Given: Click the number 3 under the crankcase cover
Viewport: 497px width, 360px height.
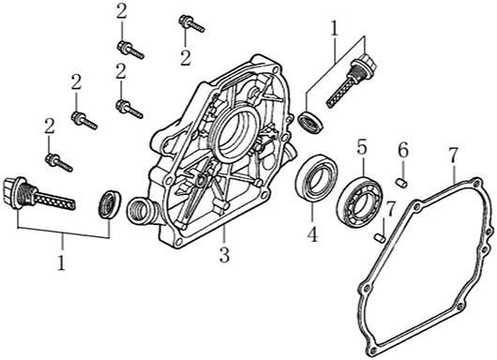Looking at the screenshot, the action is [224, 255].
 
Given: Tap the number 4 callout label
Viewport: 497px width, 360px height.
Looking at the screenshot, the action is [312, 234].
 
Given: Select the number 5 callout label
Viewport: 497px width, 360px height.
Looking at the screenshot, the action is [362, 147].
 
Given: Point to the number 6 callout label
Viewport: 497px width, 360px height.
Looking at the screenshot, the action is [403, 151].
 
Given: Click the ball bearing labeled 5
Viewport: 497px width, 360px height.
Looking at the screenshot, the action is [359, 202].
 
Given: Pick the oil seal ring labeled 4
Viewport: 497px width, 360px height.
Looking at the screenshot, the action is [316, 178].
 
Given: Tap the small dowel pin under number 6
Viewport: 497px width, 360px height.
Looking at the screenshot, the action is [401, 183].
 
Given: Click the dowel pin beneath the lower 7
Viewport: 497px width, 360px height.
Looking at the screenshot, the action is [380, 238].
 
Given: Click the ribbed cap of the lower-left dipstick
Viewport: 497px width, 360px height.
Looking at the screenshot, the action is [13, 192].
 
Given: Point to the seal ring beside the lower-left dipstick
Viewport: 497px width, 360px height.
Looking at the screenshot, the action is [110, 204].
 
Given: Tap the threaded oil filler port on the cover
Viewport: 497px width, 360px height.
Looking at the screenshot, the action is [142, 210].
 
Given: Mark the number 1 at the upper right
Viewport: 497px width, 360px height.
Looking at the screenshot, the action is [334, 28].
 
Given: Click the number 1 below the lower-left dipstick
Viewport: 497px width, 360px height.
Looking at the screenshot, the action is [61, 262].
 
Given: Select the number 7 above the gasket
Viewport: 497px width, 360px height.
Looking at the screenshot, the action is [453, 156].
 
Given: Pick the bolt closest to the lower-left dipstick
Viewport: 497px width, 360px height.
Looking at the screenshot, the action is [59, 162].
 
